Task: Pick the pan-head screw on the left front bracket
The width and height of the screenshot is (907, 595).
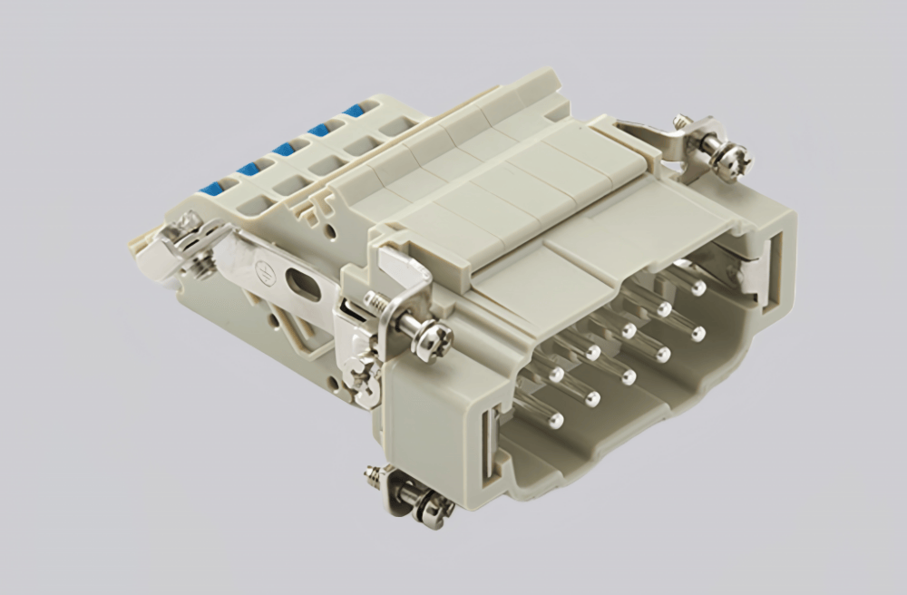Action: pos(433,339)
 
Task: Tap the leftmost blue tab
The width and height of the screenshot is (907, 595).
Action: pos(212,189)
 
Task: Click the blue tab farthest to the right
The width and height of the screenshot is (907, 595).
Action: pos(354,111)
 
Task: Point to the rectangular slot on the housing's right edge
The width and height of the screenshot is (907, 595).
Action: pos(773,272)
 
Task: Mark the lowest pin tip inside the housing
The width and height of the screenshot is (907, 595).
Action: pos(556,420)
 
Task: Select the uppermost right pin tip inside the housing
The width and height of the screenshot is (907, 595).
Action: pos(697,289)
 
